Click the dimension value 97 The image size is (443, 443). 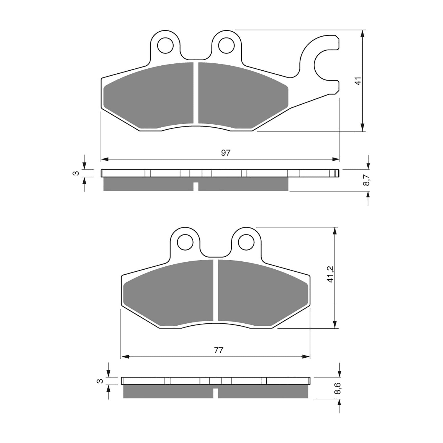click(226, 153)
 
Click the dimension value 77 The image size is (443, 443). click(218, 350)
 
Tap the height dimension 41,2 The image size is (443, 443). click(330, 274)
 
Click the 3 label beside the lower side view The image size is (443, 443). click(101, 381)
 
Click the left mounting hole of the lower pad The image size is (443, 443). click(185, 242)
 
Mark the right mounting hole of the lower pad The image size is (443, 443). click(246, 242)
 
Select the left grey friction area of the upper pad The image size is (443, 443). click(150, 96)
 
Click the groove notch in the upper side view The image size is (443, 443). click(196, 187)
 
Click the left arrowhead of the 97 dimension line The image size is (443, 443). click(104, 159)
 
